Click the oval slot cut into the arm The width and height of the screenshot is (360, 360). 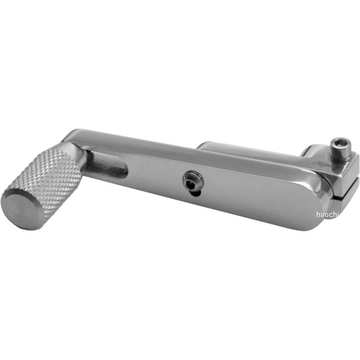tap(106, 164)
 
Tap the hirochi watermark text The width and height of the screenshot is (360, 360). tap(328, 214)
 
